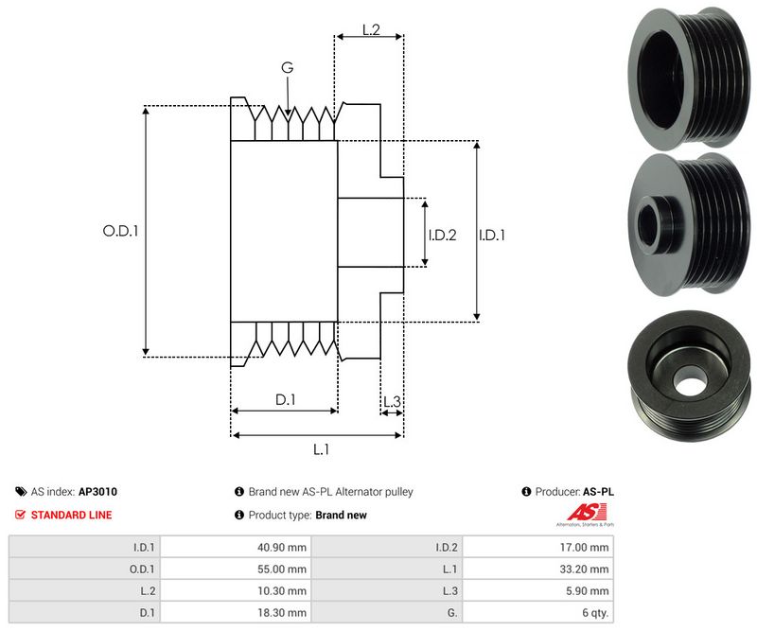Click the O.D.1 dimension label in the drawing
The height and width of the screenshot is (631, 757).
tap(120, 230)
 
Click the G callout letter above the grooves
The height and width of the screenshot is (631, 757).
tap(287, 67)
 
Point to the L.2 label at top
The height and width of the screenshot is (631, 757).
tap(370, 30)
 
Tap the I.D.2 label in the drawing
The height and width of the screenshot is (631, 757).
tap(442, 235)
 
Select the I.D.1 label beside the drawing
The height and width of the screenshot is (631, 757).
tap(491, 235)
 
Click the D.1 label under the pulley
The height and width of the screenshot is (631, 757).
tap(286, 400)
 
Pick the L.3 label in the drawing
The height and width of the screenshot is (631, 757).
tap(392, 402)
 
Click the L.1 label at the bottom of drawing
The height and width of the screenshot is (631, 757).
tap(321, 449)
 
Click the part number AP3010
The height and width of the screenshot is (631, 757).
tap(97, 492)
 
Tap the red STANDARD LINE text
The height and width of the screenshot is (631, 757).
tap(71, 515)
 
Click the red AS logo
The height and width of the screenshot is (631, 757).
tap(578, 513)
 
